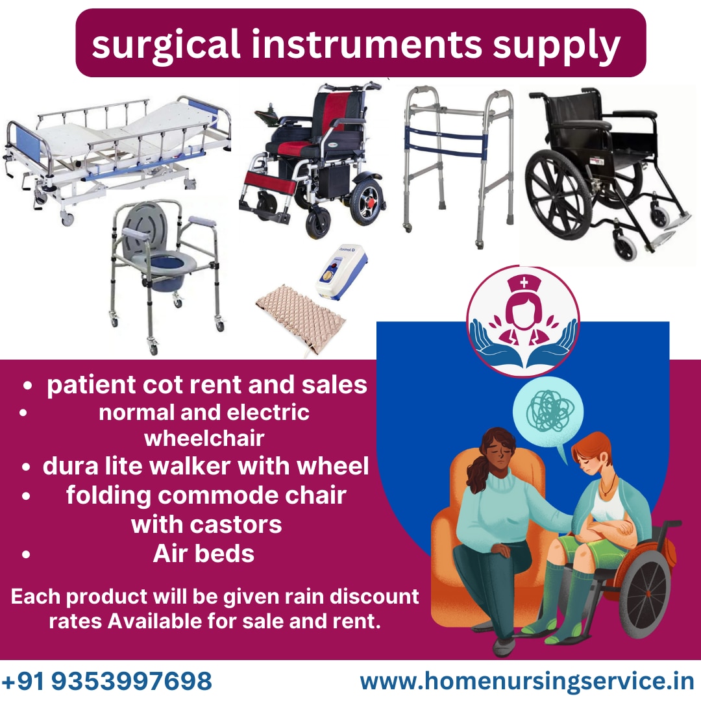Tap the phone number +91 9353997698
point(107,681)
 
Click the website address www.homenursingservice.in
point(527,682)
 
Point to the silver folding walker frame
point(458,166)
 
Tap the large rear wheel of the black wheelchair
point(559,195)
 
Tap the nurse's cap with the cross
point(524,284)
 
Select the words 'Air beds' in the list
point(203,554)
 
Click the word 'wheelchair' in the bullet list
point(204,438)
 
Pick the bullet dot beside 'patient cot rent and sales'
point(28,386)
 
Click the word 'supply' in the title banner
point(557,47)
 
